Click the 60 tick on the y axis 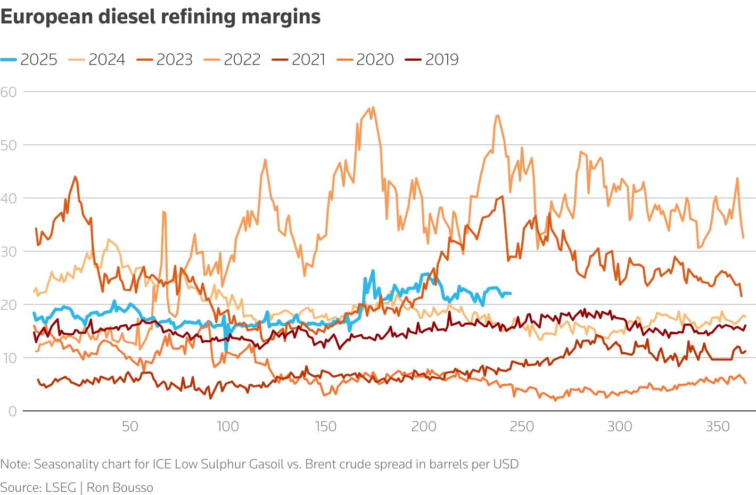(x=9, y=92)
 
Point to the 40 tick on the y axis (x=9, y=199)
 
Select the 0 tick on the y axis (x=12, y=411)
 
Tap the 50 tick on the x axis (x=130, y=426)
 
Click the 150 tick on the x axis (x=325, y=426)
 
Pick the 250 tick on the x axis (x=522, y=426)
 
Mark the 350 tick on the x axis (x=718, y=426)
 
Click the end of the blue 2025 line (x=511, y=294)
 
